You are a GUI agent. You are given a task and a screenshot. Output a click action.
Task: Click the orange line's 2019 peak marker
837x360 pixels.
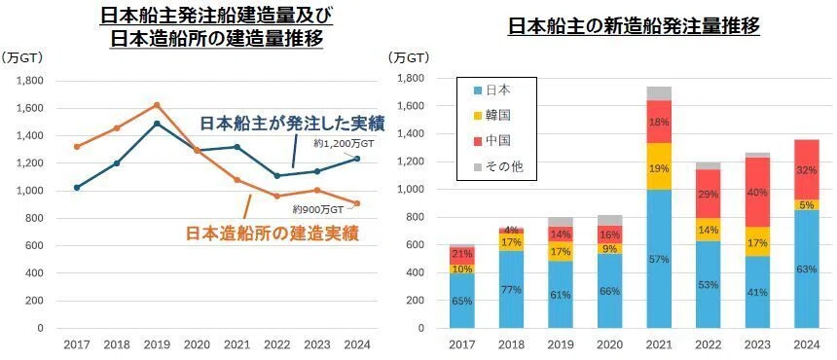tap(157, 105)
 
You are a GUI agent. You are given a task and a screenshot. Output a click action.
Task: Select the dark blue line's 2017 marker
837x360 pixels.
tap(77, 188)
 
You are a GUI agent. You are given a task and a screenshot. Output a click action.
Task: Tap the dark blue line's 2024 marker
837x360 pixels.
tap(357, 159)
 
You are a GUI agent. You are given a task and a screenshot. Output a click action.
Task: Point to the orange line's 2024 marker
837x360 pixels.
tap(357, 203)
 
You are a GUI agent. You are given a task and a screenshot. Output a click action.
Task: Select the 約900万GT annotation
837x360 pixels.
tap(318, 209)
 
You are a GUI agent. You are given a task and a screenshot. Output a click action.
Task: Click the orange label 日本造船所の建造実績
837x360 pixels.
tap(273, 234)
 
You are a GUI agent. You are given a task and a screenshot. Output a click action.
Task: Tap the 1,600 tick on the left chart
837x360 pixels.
tap(30, 108)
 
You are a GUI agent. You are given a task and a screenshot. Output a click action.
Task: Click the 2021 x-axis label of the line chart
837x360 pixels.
tap(237, 345)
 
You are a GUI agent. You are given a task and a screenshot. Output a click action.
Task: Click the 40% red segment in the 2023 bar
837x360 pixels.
tap(757, 192)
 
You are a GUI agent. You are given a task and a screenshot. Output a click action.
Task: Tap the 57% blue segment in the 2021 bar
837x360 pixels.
tap(659, 259)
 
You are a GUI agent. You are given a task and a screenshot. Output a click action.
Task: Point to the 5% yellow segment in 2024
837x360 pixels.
tap(806, 204)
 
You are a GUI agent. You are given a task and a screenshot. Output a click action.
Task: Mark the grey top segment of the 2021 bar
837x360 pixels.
tap(659, 93)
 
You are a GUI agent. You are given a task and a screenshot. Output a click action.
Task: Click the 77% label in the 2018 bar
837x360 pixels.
tap(511, 290)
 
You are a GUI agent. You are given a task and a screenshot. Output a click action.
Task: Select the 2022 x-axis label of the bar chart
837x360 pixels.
tap(708, 345)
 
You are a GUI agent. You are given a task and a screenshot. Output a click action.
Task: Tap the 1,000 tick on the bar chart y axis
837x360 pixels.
tap(412, 190)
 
